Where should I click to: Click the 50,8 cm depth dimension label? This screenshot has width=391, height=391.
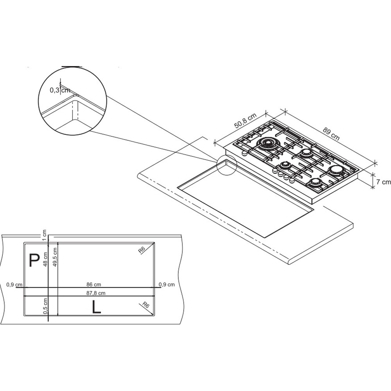pyautogui.click(x=246, y=121)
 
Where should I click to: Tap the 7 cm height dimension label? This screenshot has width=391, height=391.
pyautogui.click(x=384, y=182)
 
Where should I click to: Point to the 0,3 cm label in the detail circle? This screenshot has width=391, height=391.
pyautogui.click(x=60, y=90)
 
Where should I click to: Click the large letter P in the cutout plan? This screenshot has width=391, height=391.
pyautogui.click(x=34, y=260)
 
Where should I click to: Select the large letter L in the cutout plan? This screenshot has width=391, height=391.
pyautogui.click(x=96, y=307)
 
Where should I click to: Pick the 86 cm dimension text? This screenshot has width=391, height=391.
pyautogui.click(x=93, y=284)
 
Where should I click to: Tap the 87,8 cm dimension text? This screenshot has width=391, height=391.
pyautogui.click(x=96, y=293)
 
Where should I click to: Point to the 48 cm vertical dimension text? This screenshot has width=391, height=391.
pyautogui.click(x=45, y=259)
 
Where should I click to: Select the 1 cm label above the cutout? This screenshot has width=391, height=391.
pyautogui.click(x=45, y=235)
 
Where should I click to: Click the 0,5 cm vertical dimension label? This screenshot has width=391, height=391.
pyautogui.click(x=45, y=306)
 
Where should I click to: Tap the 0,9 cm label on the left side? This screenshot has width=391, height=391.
pyautogui.click(x=14, y=285)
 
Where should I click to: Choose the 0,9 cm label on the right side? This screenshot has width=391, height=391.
pyautogui.click(x=167, y=285)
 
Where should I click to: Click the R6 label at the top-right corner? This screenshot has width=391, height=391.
pyautogui.click(x=142, y=250)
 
